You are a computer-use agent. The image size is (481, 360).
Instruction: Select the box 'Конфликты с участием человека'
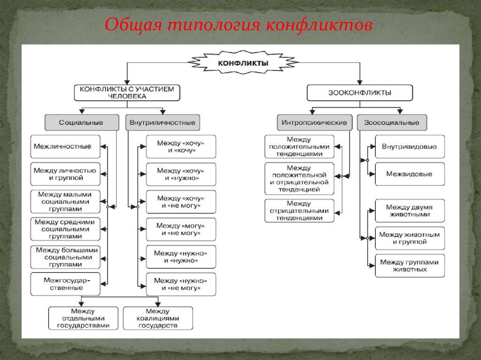point(127,92)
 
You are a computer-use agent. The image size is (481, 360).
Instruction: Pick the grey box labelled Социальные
point(81,123)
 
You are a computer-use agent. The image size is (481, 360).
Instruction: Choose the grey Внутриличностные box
point(163,123)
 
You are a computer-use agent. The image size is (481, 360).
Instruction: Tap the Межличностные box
point(66,147)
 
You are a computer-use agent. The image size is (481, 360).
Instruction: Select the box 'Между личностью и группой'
point(66,174)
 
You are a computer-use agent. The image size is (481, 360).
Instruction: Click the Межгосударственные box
point(66,284)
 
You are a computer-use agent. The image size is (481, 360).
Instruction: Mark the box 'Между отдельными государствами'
point(83,318)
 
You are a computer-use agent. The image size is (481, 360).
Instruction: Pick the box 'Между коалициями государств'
point(158,318)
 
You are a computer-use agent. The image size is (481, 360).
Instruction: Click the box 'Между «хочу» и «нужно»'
point(181,175)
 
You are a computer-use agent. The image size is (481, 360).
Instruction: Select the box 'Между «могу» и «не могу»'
point(181,229)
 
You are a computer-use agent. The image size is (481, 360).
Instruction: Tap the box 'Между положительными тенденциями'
point(299,147)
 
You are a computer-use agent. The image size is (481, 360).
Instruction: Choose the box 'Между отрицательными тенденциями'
point(299,211)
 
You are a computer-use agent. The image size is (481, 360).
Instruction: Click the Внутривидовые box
point(409,147)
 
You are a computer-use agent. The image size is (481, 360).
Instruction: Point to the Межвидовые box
point(409,174)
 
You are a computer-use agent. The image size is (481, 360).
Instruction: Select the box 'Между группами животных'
point(409,266)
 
